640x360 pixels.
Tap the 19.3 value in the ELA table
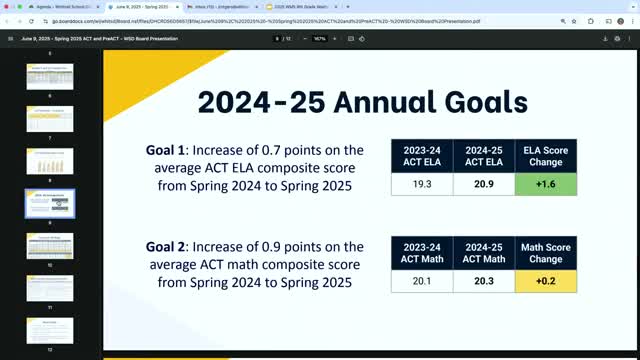point(422,184)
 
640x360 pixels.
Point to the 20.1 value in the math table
point(422,282)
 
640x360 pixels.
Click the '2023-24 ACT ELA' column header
point(422,156)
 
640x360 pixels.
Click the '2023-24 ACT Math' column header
point(422,252)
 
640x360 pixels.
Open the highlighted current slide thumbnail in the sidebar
point(50,202)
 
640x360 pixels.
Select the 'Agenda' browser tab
point(45,7)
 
